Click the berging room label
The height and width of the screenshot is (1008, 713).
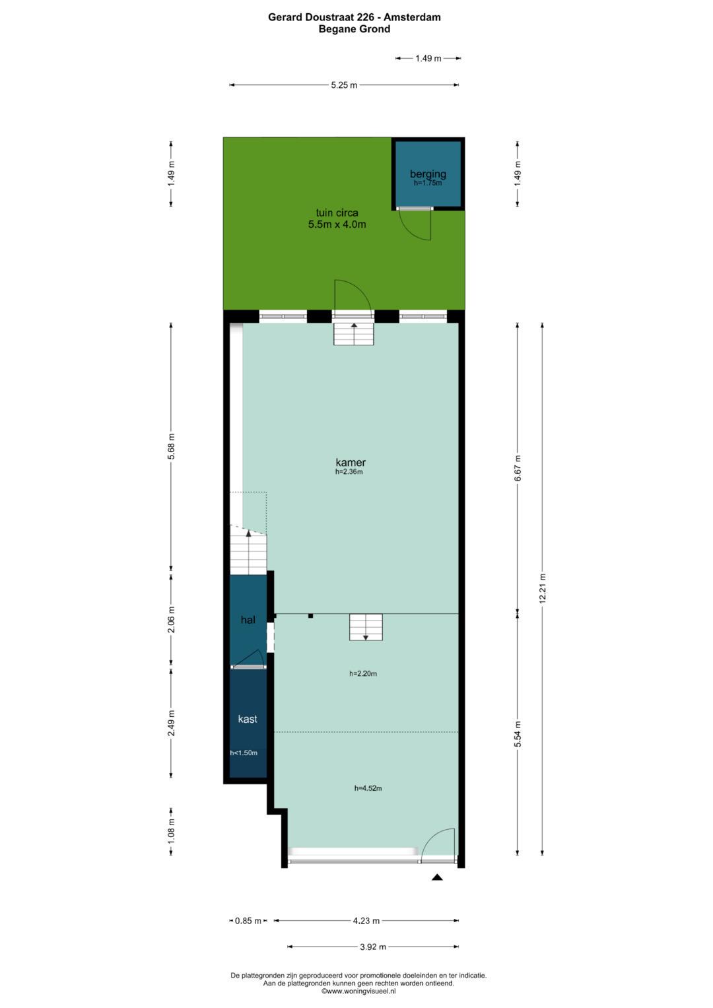click(x=428, y=174)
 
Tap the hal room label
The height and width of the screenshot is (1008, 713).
click(x=248, y=620)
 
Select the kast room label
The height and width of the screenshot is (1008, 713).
click(x=248, y=719)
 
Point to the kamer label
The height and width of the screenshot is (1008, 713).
click(x=351, y=462)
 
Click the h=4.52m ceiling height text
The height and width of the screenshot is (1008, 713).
click(x=368, y=788)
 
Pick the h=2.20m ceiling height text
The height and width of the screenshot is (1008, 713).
click(x=363, y=673)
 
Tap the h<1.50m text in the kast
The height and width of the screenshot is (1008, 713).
click(x=244, y=753)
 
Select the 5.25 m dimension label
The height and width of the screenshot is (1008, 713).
click(x=345, y=85)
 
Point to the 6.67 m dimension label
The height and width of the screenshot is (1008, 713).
click(x=518, y=468)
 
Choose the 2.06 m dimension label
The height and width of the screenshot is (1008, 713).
click(x=171, y=620)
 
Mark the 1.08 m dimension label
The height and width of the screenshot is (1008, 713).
click(x=171, y=832)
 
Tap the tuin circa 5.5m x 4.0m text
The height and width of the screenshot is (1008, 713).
click(x=337, y=218)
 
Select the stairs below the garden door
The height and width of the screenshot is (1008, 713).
click(x=354, y=334)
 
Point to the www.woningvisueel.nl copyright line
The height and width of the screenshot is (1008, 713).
click(x=358, y=991)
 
